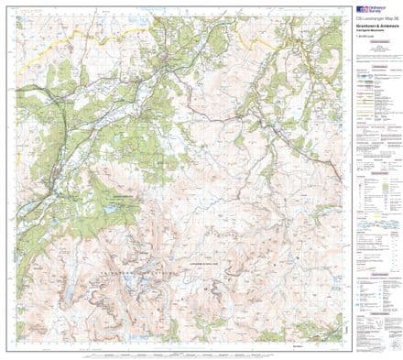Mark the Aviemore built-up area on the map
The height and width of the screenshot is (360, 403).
tap(58, 156)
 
